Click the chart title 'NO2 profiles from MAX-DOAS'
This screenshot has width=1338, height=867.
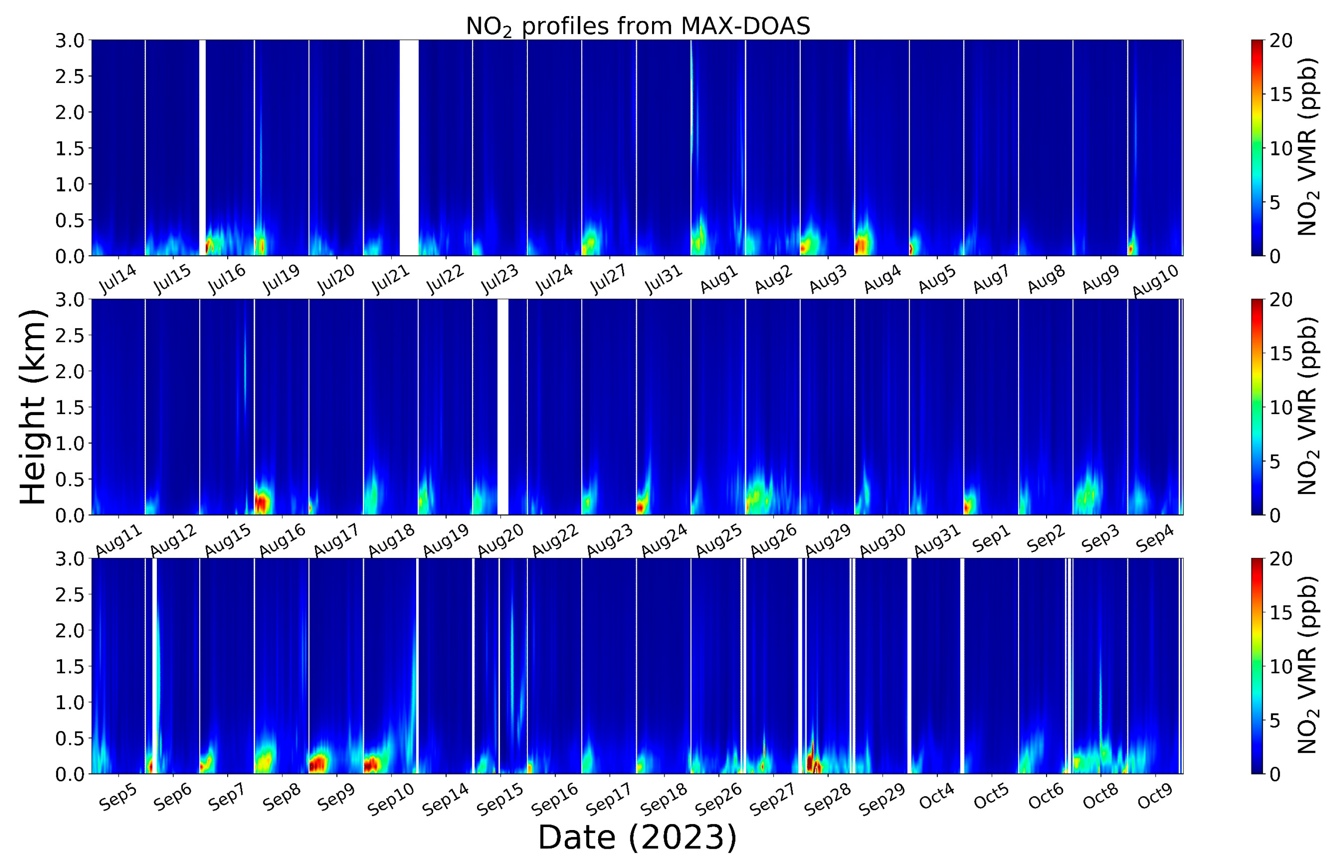pyautogui.click(x=638, y=27)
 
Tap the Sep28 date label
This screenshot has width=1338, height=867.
pyautogui.click(x=827, y=799)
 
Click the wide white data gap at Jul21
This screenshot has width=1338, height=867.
pyautogui.click(x=409, y=147)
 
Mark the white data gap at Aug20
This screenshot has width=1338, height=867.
pyautogui.click(x=503, y=406)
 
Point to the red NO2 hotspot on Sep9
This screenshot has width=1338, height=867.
pyautogui.click(x=318, y=763)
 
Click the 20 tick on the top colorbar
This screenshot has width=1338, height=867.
pyautogui.click(x=1281, y=40)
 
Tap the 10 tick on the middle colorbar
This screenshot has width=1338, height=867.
pyautogui.click(x=1281, y=407)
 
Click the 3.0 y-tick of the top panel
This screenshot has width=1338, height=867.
pyautogui.click(x=69, y=40)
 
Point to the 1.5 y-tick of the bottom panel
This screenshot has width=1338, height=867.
pyautogui.click(x=69, y=666)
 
